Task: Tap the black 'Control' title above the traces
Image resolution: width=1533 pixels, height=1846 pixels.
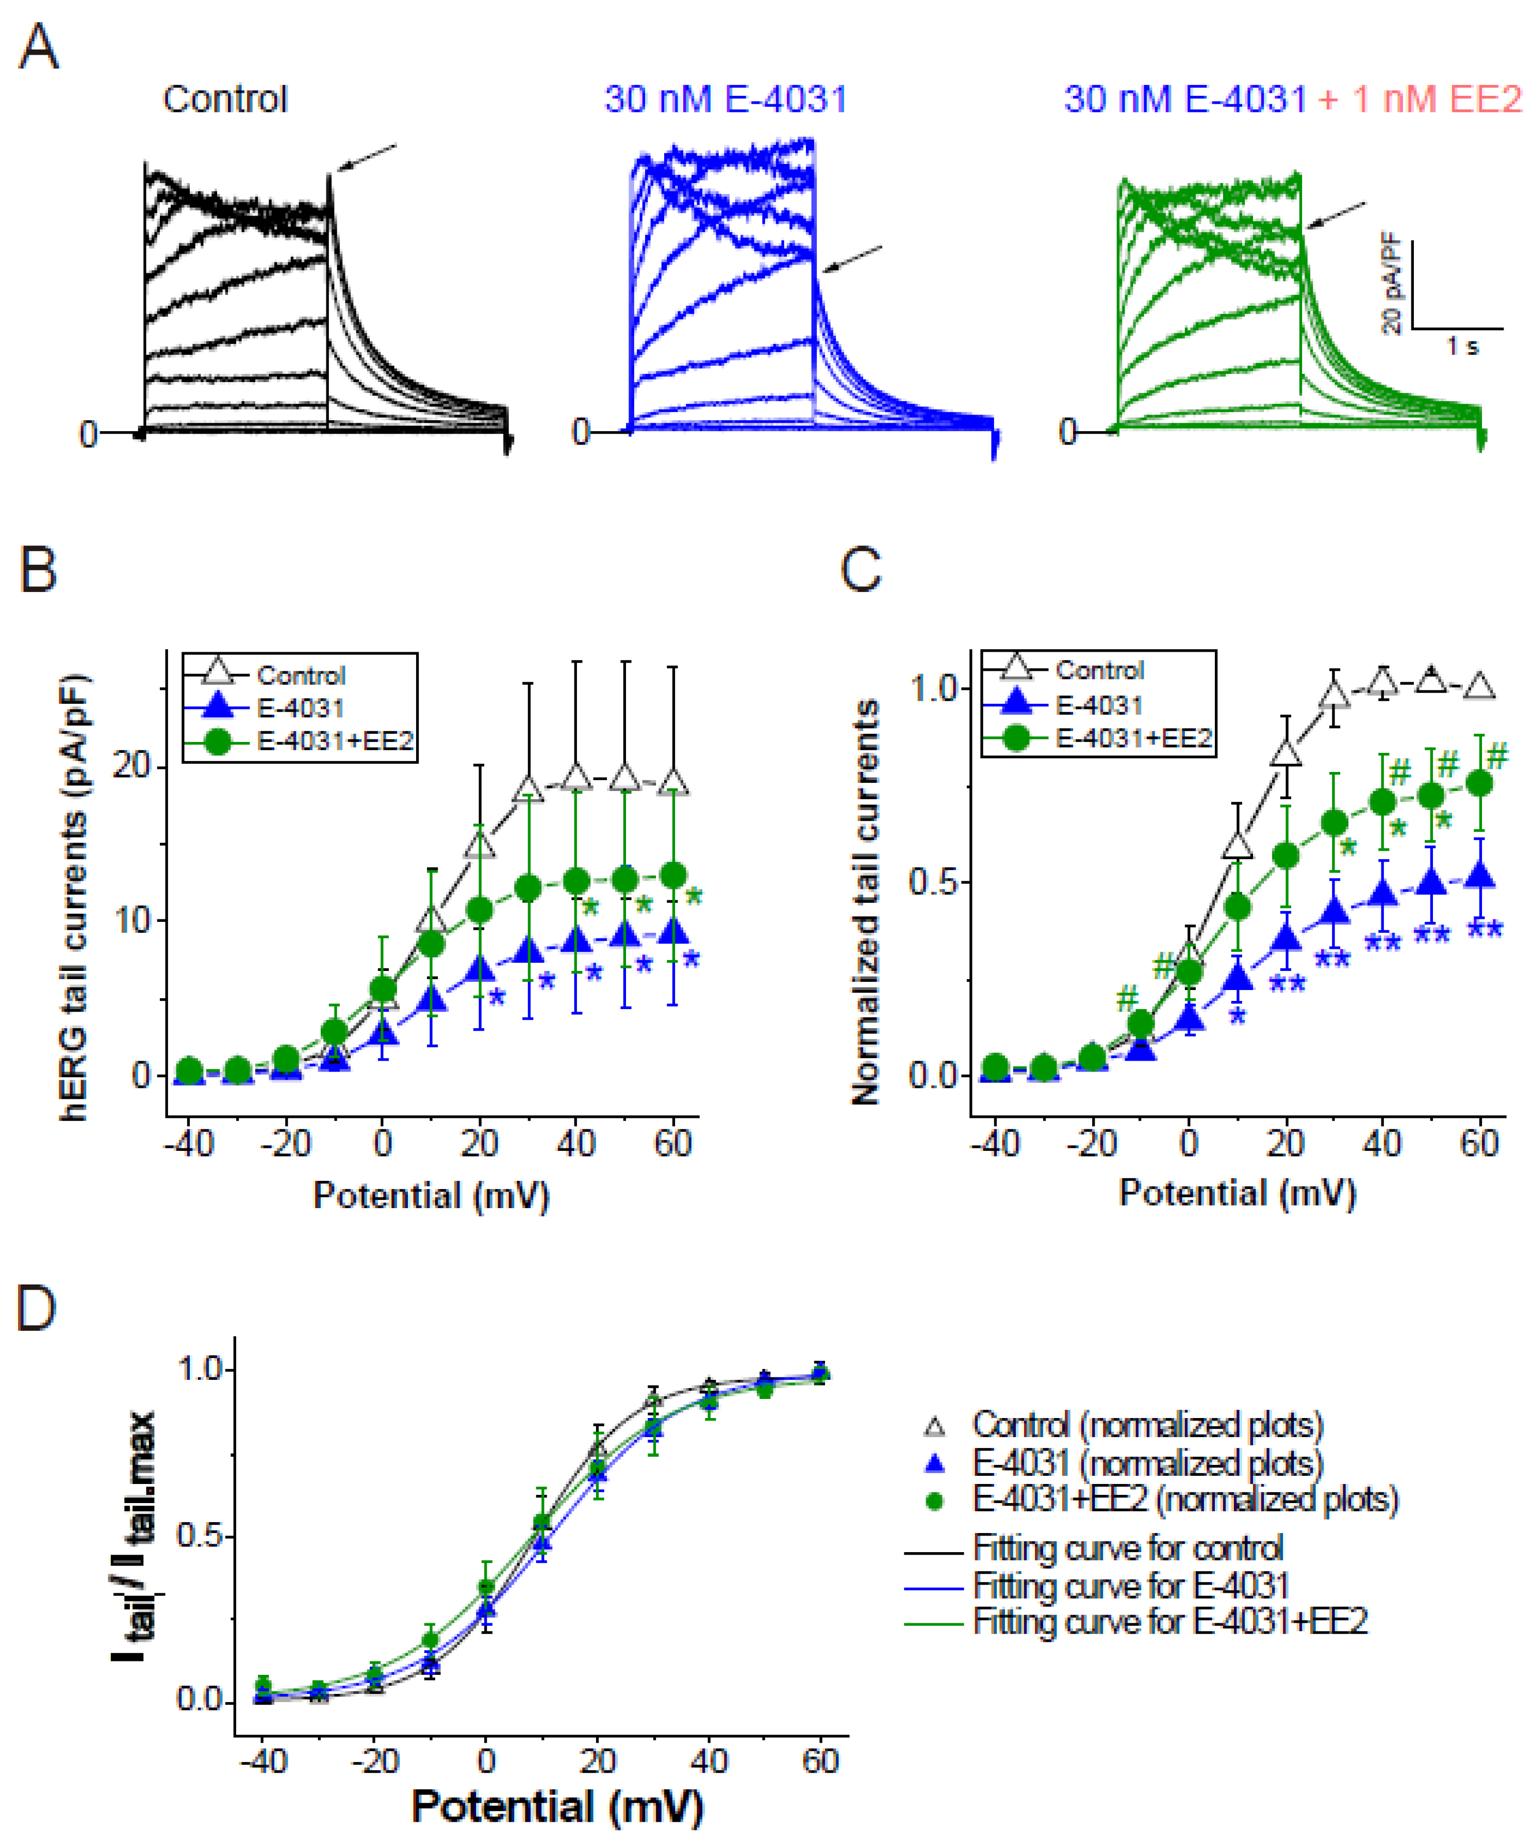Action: pos(225,100)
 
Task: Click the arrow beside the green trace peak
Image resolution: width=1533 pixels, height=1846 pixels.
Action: pos(1336,216)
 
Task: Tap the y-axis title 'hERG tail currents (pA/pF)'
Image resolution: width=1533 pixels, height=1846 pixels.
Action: pos(76,897)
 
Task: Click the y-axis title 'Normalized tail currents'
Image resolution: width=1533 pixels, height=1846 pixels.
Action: pos(866,901)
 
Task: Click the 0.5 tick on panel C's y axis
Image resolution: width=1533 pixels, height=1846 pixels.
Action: pos(933,882)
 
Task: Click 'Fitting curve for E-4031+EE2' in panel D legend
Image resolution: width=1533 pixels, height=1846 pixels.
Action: pos(1169,1620)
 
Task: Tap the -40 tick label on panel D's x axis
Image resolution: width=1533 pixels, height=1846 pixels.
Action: pos(263,1761)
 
